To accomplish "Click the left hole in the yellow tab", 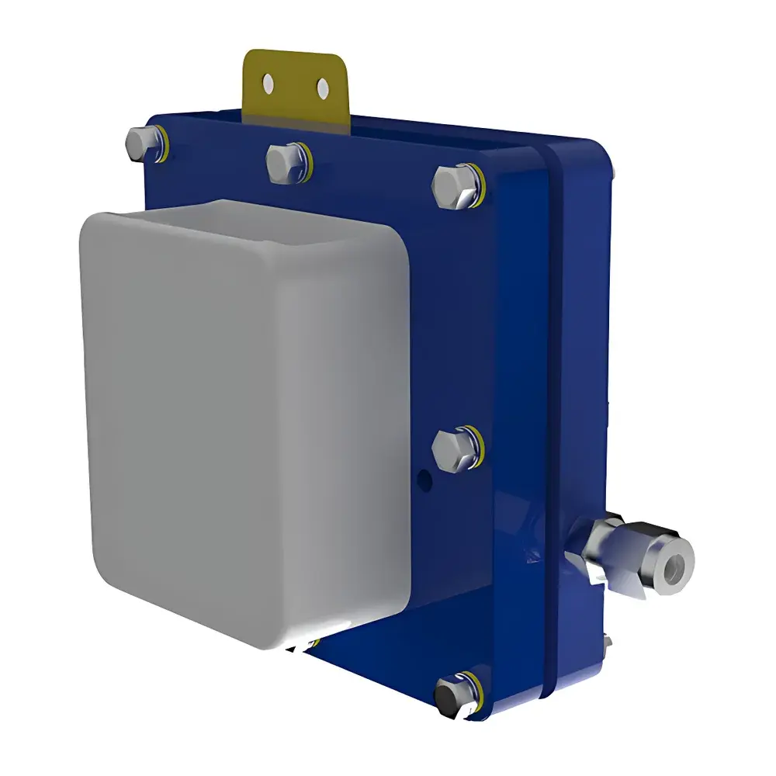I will click(268, 81).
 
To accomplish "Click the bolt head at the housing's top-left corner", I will click(140, 142).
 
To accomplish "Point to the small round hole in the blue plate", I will click(423, 480).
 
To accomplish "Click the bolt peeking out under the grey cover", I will click(304, 643).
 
